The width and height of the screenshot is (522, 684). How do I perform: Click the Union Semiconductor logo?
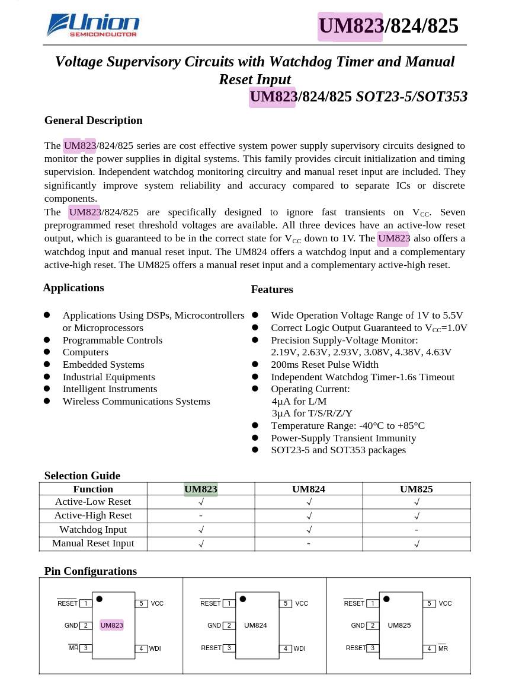pyautogui.click(x=93, y=26)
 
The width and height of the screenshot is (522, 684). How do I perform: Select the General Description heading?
pyautogui.click(x=93, y=120)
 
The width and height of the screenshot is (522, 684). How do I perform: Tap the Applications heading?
pyautogui.click(x=73, y=288)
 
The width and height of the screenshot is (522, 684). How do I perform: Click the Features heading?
pyautogui.click(x=272, y=289)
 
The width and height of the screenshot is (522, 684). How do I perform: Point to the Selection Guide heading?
pyautogui.click(x=82, y=476)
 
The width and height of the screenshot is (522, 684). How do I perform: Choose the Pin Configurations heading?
pyautogui.click(x=90, y=571)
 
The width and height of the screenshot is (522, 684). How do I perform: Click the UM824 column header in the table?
pyautogui.click(x=308, y=489)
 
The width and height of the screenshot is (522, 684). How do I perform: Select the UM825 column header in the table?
pyautogui.click(x=416, y=489)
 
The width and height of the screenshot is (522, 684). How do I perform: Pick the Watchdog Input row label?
pyautogui.click(x=93, y=529)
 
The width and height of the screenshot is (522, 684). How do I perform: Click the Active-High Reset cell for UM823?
pyautogui.click(x=201, y=516)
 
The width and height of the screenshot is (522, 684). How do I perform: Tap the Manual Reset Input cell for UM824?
pyautogui.click(x=308, y=543)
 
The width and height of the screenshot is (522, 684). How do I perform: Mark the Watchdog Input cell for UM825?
pyautogui.click(x=417, y=529)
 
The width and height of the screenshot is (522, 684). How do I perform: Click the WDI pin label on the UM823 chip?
pyautogui.click(x=155, y=648)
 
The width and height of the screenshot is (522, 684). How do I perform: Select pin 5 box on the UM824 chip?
pyautogui.click(x=285, y=603)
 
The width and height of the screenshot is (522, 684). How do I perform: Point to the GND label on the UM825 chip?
pyautogui.click(x=358, y=625)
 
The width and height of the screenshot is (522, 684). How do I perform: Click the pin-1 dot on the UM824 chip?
pyautogui.click(x=243, y=599)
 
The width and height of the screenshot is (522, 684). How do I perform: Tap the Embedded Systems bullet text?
pyautogui.click(x=103, y=365)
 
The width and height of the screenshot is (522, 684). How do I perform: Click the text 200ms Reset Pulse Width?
pyautogui.click(x=324, y=365)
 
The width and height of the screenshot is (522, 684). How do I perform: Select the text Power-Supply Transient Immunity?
pyautogui.click(x=343, y=438)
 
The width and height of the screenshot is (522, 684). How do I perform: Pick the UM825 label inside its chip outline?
pyautogui.click(x=399, y=625)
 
